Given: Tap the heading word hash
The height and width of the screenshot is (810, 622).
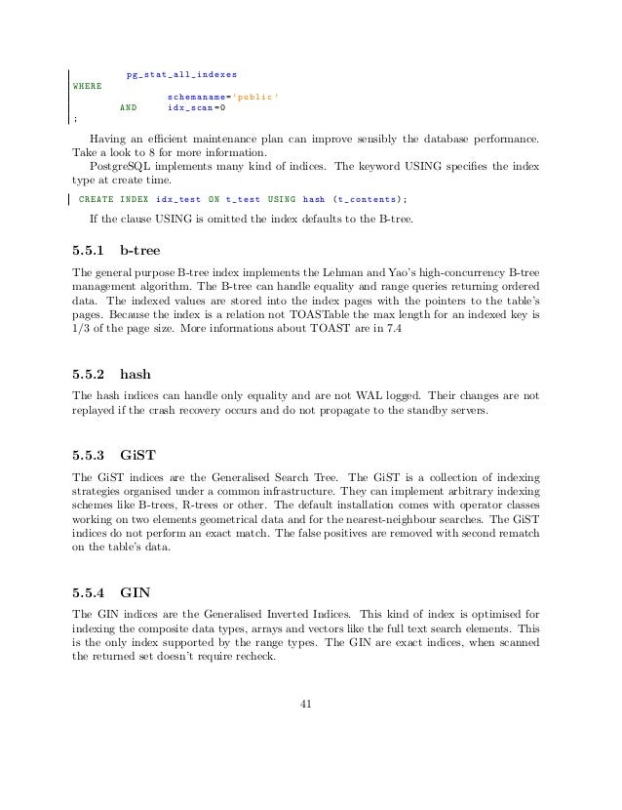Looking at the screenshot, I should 136,374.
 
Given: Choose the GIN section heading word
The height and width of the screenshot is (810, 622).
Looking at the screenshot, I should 135,591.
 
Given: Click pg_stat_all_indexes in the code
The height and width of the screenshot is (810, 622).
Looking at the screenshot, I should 181,74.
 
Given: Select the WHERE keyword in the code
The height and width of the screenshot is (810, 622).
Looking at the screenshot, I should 88,86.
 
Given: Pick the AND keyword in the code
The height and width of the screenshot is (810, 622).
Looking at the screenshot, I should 127,110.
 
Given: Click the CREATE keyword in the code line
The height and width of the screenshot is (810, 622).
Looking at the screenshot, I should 97,199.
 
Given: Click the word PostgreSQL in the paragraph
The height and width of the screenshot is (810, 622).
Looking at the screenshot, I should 119,166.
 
